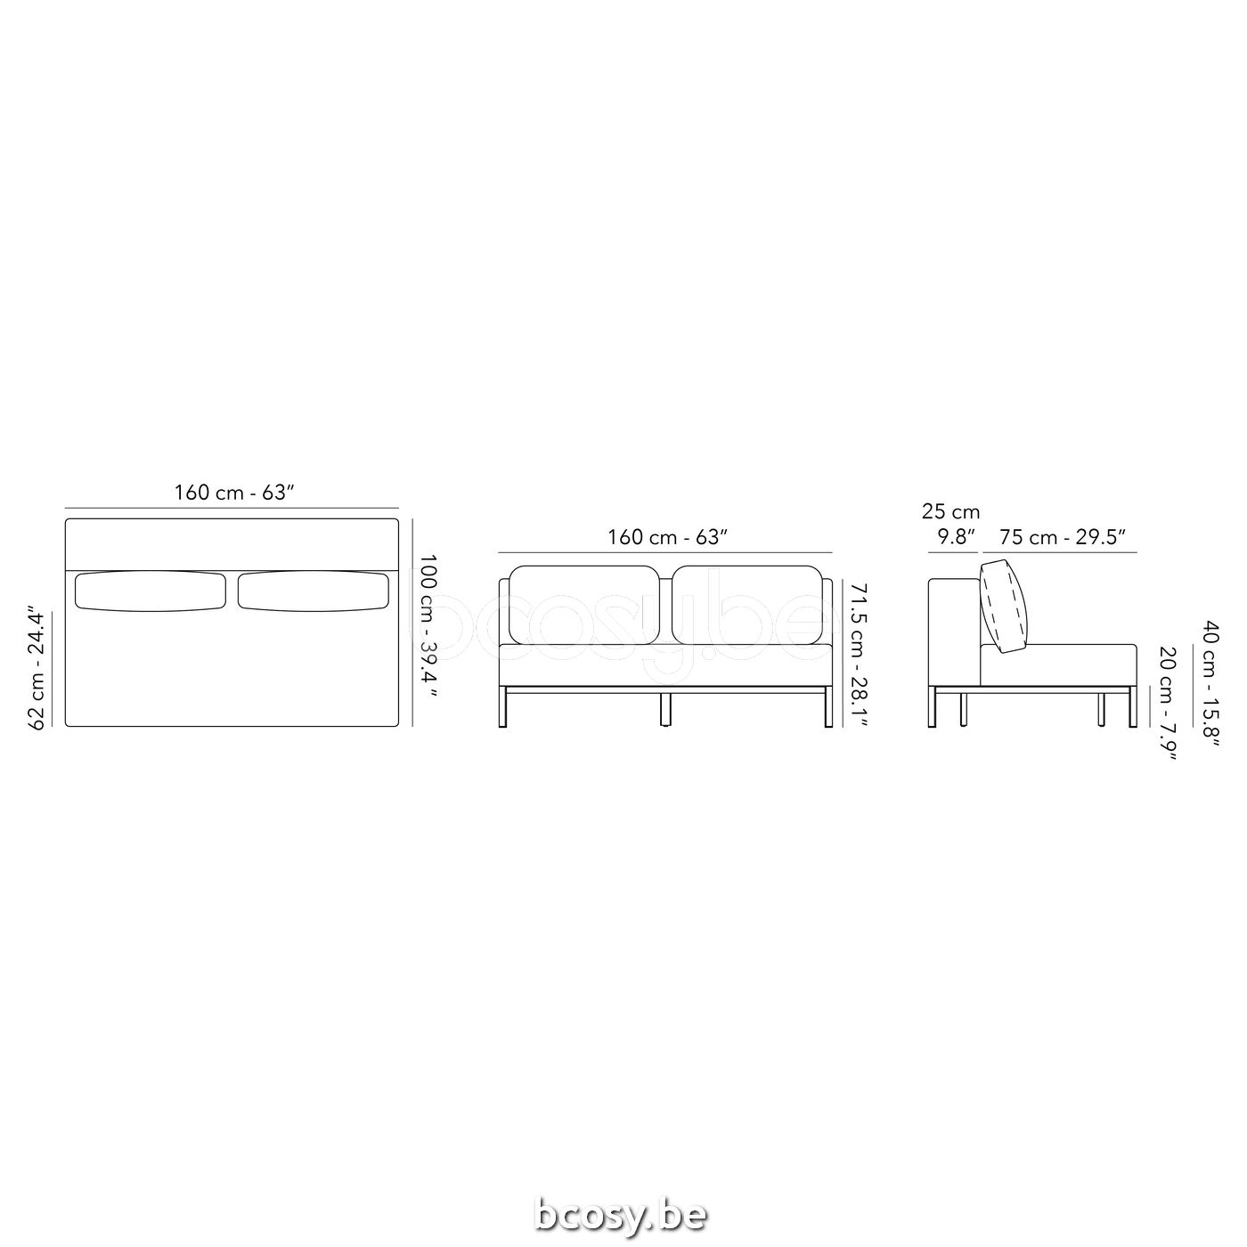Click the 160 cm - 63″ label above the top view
tap(234, 493)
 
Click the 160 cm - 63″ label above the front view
tap(667, 537)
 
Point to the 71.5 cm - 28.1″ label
tap(858, 664)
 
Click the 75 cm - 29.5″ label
tap(1063, 537)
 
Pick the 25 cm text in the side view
tap(950, 512)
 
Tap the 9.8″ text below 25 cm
tap(956, 537)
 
